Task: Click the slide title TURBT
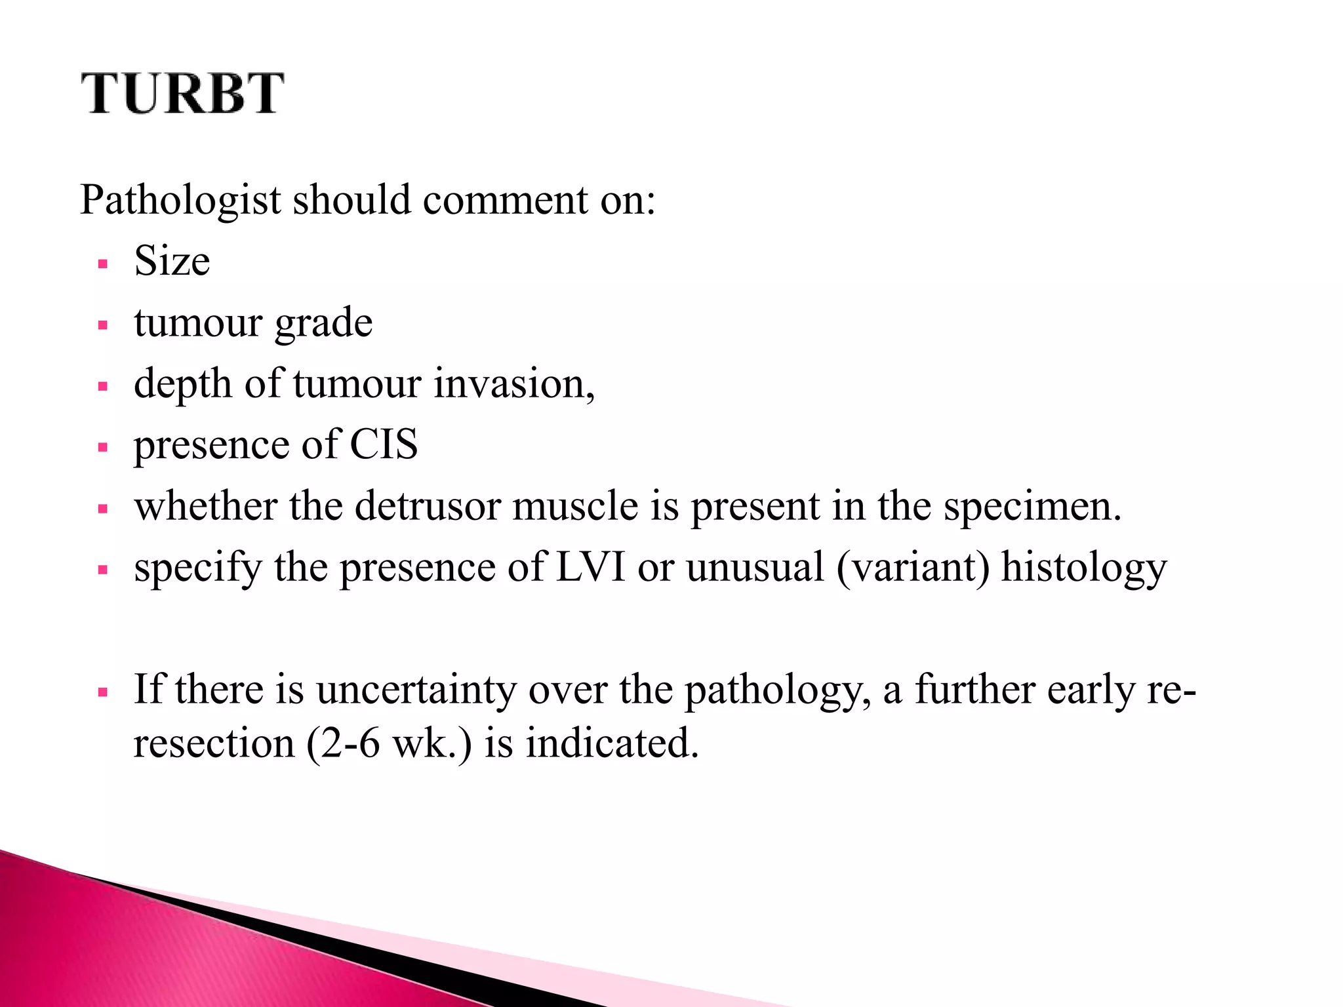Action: [183, 94]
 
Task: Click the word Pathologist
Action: [180, 200]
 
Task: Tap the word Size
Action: [172, 261]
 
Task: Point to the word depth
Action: [182, 384]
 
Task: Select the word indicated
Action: [612, 743]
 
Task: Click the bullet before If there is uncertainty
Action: [102, 692]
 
